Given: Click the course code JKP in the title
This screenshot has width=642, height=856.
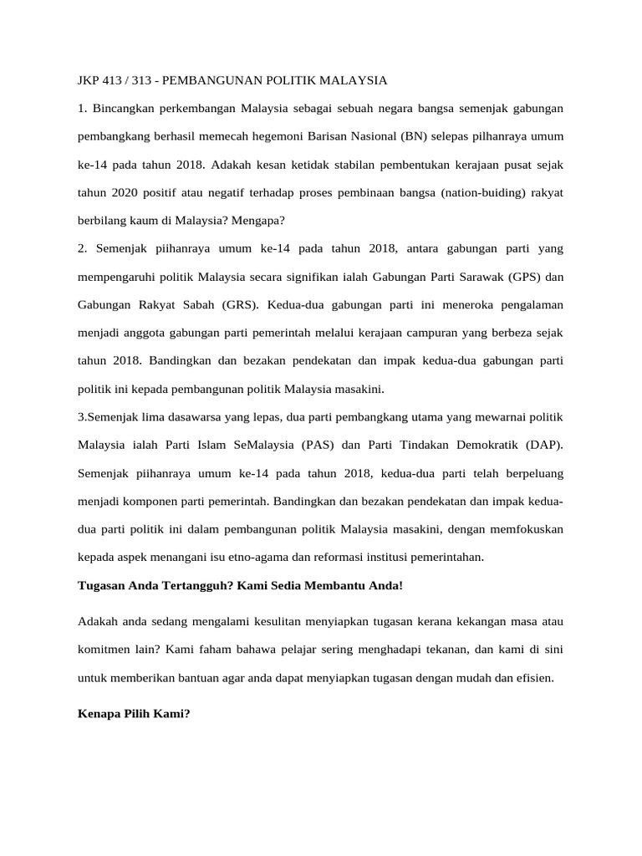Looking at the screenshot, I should pyautogui.click(x=89, y=81).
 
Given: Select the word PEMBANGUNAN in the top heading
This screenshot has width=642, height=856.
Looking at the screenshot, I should pyautogui.click(x=210, y=81).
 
